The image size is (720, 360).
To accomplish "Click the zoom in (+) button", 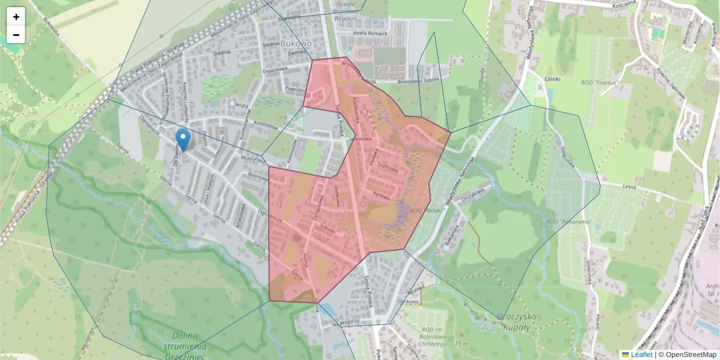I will [16, 16].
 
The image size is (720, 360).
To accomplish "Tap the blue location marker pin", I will [183, 140].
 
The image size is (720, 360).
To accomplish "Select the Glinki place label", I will [553, 79].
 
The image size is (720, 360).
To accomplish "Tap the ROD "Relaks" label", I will [425, 211].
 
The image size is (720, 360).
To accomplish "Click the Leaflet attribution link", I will [641, 355].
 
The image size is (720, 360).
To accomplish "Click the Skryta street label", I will [241, 105].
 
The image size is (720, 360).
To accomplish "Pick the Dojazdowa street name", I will [275, 68].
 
